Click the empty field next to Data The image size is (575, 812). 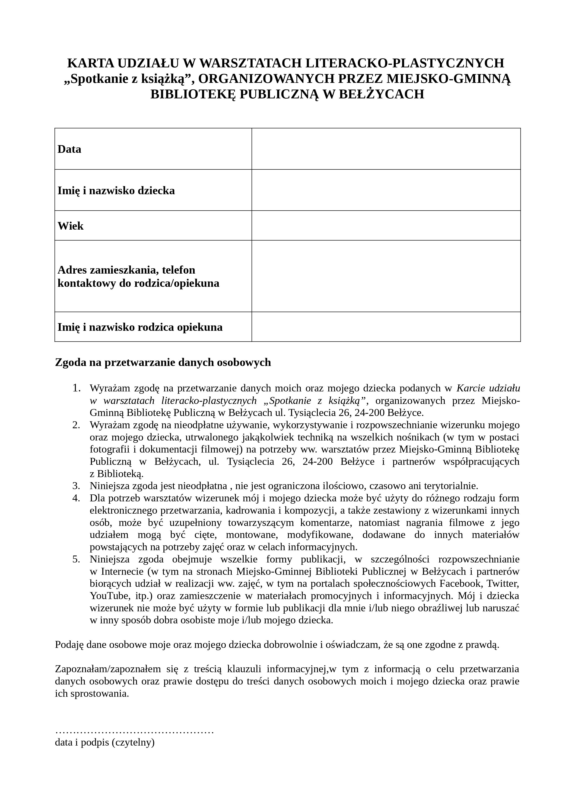[x=386, y=149]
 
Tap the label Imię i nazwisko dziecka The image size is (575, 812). [x=116, y=191]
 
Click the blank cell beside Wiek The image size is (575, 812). [x=386, y=226]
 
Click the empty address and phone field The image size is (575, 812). [x=386, y=276]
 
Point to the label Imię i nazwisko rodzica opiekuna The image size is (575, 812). [x=140, y=327]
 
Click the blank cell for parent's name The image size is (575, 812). [x=386, y=327]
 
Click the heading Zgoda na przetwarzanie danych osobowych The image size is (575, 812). [x=163, y=362]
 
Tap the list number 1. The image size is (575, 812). [x=76, y=388]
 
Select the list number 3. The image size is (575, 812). [x=76, y=486]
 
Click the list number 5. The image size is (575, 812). [x=76, y=559]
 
